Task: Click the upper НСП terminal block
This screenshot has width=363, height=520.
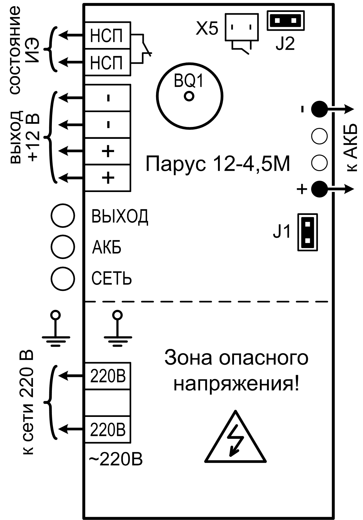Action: click(107, 35)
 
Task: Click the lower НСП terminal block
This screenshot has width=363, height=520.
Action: click(107, 62)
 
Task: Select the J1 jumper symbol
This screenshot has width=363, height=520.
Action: click(307, 232)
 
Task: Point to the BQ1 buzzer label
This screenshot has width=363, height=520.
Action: click(189, 82)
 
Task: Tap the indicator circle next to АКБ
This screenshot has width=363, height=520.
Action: click(63, 247)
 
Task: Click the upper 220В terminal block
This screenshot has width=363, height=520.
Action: click(107, 376)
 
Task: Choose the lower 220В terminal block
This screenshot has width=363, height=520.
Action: click(107, 429)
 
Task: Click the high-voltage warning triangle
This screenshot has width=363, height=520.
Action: click(236, 440)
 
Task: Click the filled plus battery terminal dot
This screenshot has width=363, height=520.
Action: click(319, 189)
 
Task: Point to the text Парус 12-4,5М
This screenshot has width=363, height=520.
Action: click(218, 164)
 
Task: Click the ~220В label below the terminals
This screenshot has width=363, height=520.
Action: click(115, 459)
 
